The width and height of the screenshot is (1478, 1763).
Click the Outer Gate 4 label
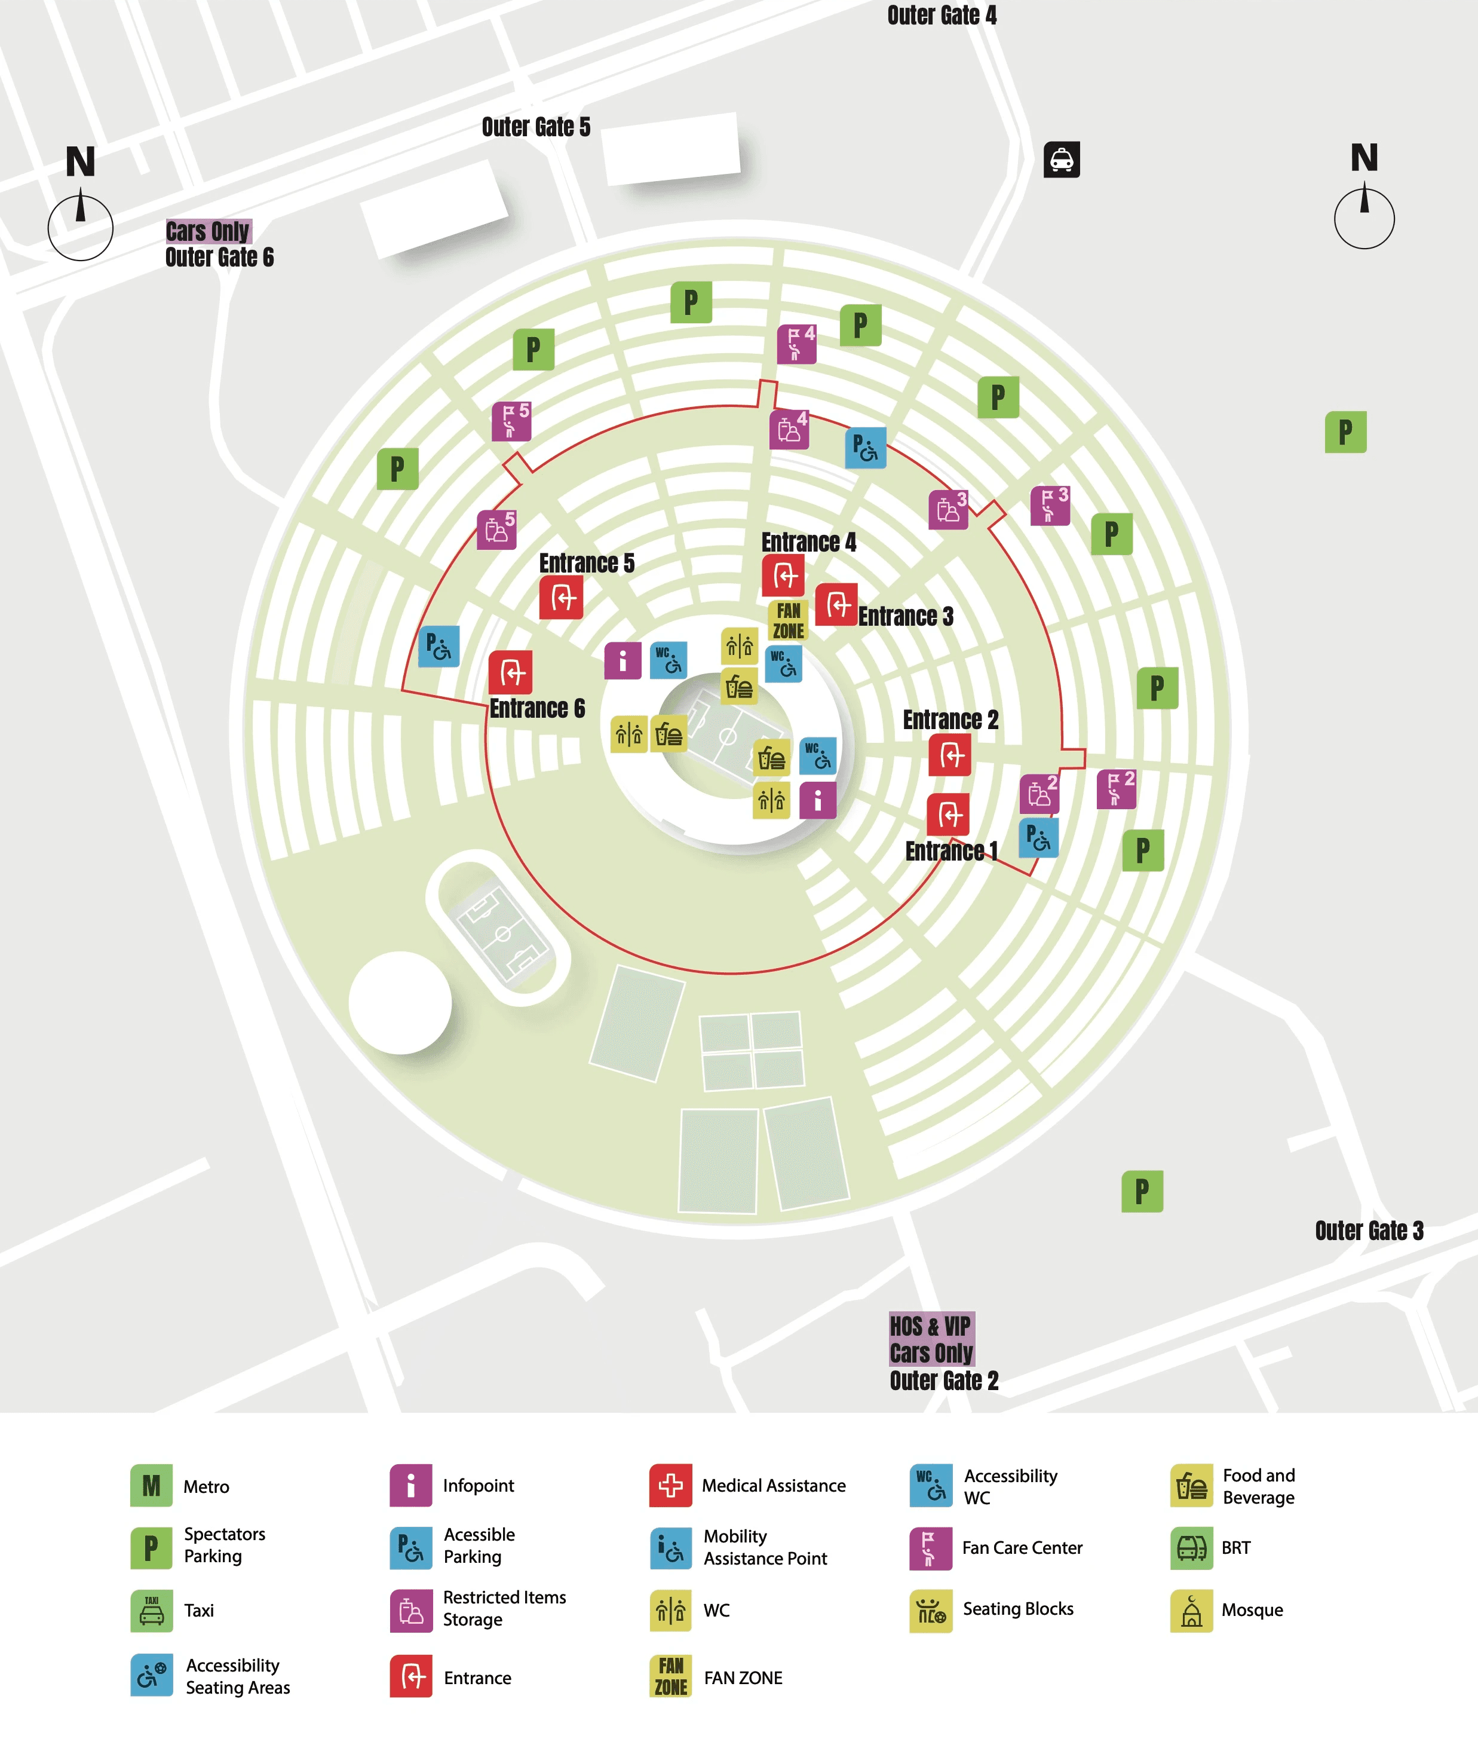tap(942, 15)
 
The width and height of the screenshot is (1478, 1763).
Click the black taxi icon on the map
tap(1062, 159)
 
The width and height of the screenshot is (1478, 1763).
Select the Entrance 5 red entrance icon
tap(562, 598)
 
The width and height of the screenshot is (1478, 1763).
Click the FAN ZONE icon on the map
tap(788, 620)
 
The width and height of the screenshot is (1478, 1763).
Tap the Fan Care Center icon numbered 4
tap(796, 344)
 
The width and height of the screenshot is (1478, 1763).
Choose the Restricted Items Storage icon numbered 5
tap(497, 529)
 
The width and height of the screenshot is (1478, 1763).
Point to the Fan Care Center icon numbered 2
tap(1116, 789)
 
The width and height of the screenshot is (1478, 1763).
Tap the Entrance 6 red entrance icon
tap(510, 672)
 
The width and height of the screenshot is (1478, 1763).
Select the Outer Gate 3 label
tap(1369, 1231)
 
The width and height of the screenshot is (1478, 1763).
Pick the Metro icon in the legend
tap(151, 1486)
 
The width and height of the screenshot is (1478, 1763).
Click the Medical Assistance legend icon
tap(671, 1485)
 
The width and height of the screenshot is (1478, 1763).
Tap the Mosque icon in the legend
tap(1192, 1610)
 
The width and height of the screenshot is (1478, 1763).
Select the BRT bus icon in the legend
tap(1192, 1548)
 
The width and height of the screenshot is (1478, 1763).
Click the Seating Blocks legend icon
tap(931, 1610)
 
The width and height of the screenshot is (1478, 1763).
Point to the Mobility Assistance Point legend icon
tap(671, 1548)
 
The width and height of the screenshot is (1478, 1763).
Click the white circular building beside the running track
tap(400, 1002)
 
